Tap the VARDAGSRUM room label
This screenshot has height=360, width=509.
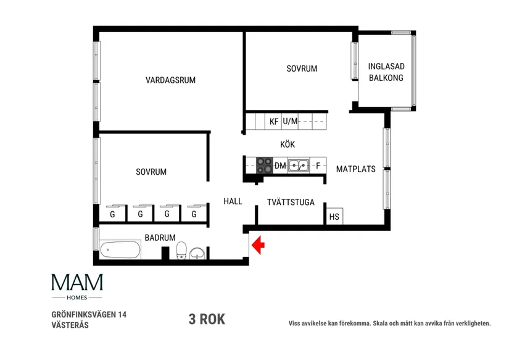(x=170, y=80)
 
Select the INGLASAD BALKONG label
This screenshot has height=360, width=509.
(x=386, y=72)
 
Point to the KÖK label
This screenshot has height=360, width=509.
(x=288, y=144)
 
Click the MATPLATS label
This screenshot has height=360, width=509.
(x=355, y=169)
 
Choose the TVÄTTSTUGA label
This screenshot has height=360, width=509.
(x=291, y=202)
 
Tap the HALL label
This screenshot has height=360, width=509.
(x=233, y=201)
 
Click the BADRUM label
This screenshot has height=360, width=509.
(x=160, y=237)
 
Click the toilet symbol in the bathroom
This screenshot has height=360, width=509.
(x=181, y=251)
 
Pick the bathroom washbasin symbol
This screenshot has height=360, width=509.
(x=197, y=253)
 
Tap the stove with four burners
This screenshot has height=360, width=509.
(x=264, y=165)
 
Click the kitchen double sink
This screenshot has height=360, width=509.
(x=299, y=165)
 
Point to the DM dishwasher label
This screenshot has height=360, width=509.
(x=280, y=166)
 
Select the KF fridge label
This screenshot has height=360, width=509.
(x=274, y=122)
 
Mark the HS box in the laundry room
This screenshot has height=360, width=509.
(x=334, y=217)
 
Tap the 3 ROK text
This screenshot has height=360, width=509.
(x=207, y=319)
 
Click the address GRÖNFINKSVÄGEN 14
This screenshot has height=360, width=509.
(x=89, y=314)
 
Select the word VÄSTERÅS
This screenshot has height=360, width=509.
(x=70, y=325)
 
